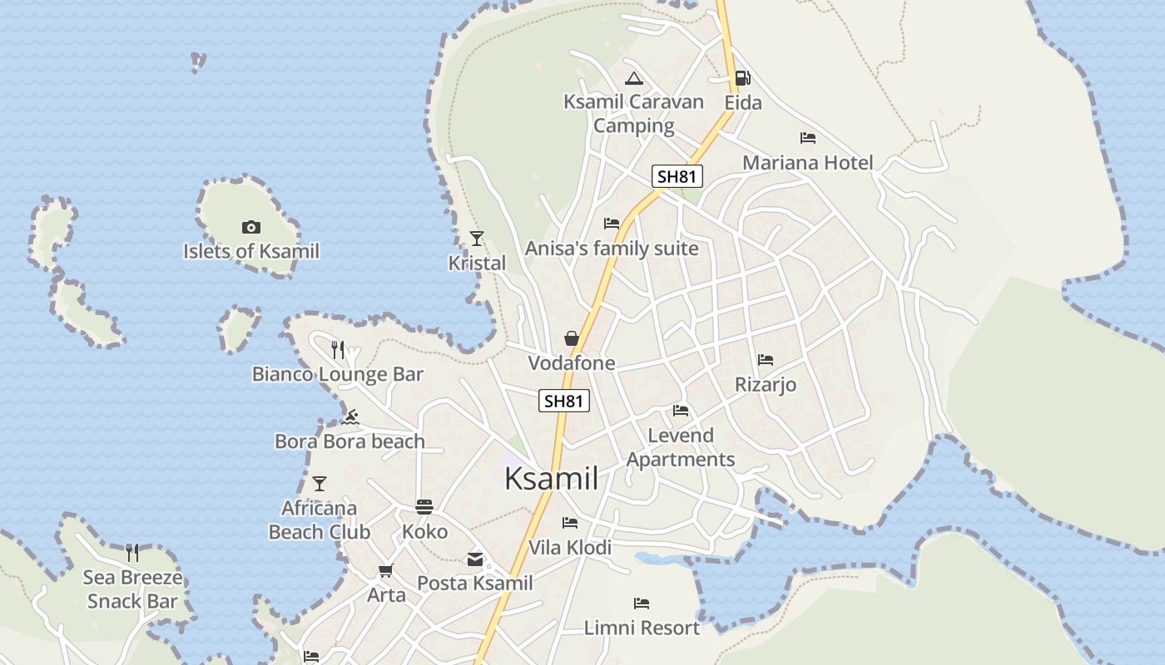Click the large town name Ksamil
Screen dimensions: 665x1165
[x=552, y=478]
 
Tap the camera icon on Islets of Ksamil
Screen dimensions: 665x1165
[x=250, y=227]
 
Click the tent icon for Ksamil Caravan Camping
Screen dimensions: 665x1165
[x=634, y=79]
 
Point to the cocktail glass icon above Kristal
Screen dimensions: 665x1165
[x=477, y=239]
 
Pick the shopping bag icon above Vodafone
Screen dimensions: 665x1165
[x=572, y=338]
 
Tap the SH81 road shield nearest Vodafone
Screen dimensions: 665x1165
[x=564, y=401]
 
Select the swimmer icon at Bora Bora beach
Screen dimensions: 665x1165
[x=350, y=417]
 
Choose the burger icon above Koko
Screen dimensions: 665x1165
[x=424, y=507]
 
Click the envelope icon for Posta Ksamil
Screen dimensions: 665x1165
[x=475, y=559]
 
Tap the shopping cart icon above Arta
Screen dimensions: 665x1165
[x=385, y=571]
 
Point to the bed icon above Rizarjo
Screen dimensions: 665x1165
[x=766, y=360]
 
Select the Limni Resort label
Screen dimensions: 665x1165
[x=642, y=628]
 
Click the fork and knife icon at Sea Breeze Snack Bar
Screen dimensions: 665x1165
[x=132, y=552]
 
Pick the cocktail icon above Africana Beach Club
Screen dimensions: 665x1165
[x=319, y=483]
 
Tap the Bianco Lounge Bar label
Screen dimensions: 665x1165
[x=338, y=374]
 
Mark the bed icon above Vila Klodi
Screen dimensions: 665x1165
[x=570, y=523]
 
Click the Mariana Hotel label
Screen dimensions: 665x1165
[x=808, y=162]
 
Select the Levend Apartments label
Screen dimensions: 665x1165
[x=681, y=447]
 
